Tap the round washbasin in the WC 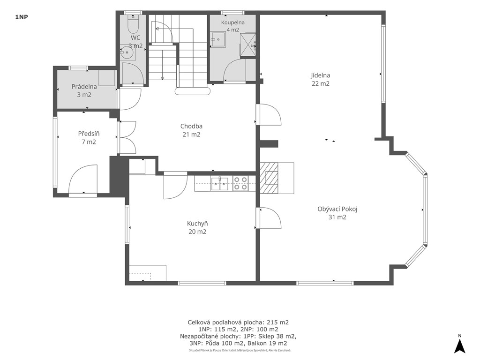(126, 52)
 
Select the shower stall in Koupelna (247, 45)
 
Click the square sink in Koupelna (217, 39)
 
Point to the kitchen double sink (219, 183)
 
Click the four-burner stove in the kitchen (240, 183)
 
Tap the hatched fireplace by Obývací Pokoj (269, 178)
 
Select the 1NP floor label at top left (22, 17)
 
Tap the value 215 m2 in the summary (277, 322)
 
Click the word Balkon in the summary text (257, 343)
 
